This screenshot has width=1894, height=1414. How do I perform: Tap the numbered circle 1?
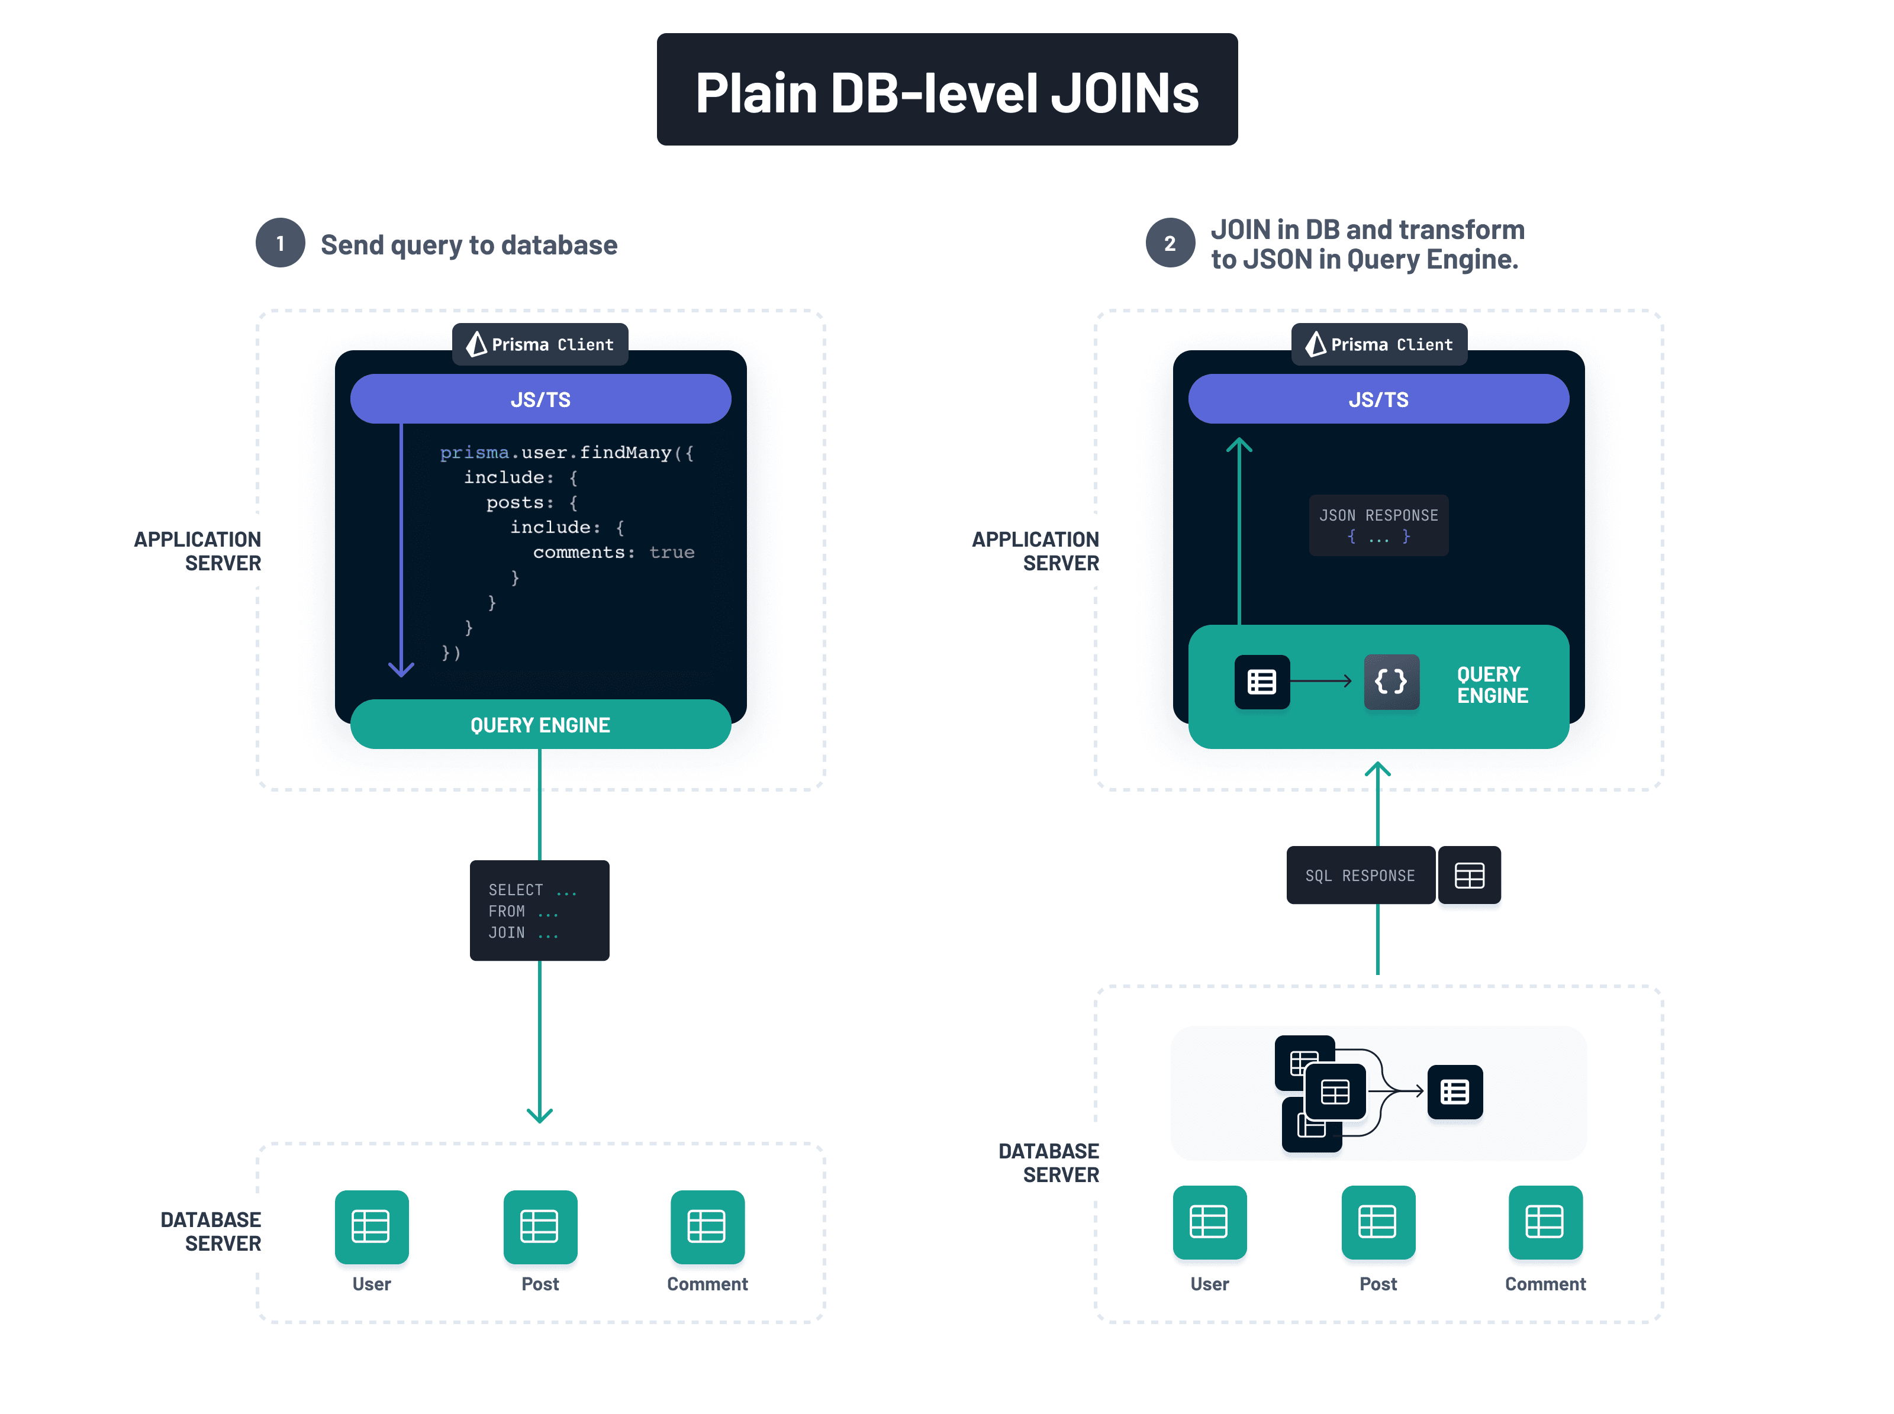(280, 243)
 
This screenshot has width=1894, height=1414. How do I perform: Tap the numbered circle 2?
(1170, 243)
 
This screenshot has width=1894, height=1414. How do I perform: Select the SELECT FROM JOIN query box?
(539, 910)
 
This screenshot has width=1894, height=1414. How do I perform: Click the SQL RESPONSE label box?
(1360, 875)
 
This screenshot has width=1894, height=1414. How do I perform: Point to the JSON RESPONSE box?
(1378, 525)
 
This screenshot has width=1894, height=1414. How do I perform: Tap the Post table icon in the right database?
(1378, 1221)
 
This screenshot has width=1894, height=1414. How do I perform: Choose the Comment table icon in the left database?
(707, 1226)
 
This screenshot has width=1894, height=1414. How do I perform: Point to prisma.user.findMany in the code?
(565, 452)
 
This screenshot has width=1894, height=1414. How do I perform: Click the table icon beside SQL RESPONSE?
(1469, 875)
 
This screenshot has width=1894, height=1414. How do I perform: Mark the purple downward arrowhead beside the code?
(401, 669)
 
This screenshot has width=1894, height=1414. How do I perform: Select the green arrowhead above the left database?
(539, 1115)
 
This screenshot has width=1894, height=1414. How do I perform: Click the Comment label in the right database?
(1545, 1283)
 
